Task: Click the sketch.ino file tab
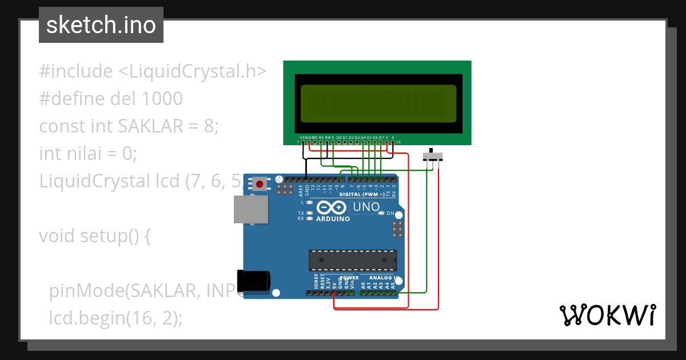(x=101, y=25)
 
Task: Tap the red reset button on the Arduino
(x=260, y=183)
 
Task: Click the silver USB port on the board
(x=251, y=209)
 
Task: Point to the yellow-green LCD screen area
(x=378, y=103)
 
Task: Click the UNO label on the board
(x=366, y=207)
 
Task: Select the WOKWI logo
(x=607, y=315)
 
